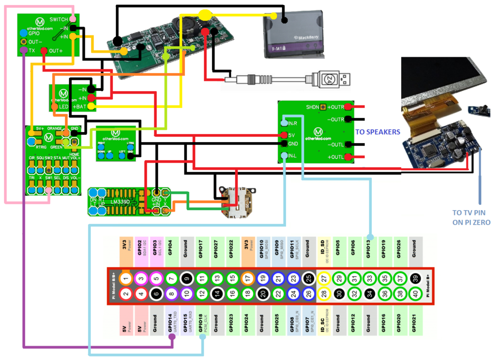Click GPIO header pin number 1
point(126,279)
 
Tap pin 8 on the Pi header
point(171,294)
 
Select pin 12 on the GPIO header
point(202,294)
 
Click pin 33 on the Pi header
point(370,279)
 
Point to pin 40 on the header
point(416,294)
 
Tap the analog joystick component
point(238,201)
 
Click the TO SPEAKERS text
point(378,132)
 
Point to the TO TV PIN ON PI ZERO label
point(471,217)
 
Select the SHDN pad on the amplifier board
point(324,107)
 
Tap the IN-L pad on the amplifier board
point(284,156)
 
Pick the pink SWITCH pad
point(73,19)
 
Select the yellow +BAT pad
point(91,106)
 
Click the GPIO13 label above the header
point(369,250)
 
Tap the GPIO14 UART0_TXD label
point(171,323)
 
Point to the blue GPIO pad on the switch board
point(23,33)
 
